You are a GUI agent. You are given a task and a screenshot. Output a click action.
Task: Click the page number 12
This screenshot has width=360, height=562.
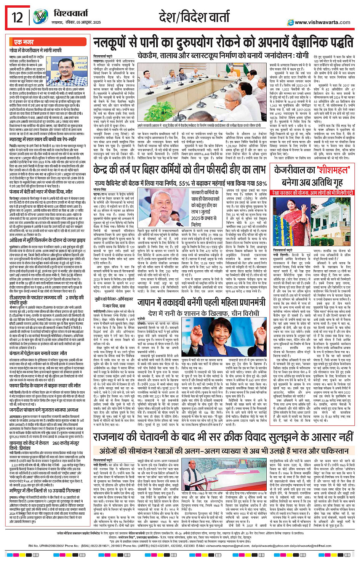[x=17, y=18]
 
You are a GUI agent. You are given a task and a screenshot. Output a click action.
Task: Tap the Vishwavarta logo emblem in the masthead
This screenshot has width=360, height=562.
[x=40, y=17]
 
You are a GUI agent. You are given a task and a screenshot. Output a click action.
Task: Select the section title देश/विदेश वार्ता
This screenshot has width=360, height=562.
[x=194, y=17]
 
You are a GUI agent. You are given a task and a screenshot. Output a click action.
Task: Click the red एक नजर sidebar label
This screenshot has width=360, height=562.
[x=24, y=42]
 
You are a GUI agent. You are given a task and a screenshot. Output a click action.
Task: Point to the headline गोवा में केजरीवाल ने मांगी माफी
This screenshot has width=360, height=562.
[x=36, y=50]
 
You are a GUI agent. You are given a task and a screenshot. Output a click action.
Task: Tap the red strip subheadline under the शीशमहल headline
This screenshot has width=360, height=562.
[x=313, y=193]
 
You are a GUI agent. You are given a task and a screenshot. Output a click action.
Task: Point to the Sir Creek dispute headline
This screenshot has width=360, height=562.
[x=223, y=437]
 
